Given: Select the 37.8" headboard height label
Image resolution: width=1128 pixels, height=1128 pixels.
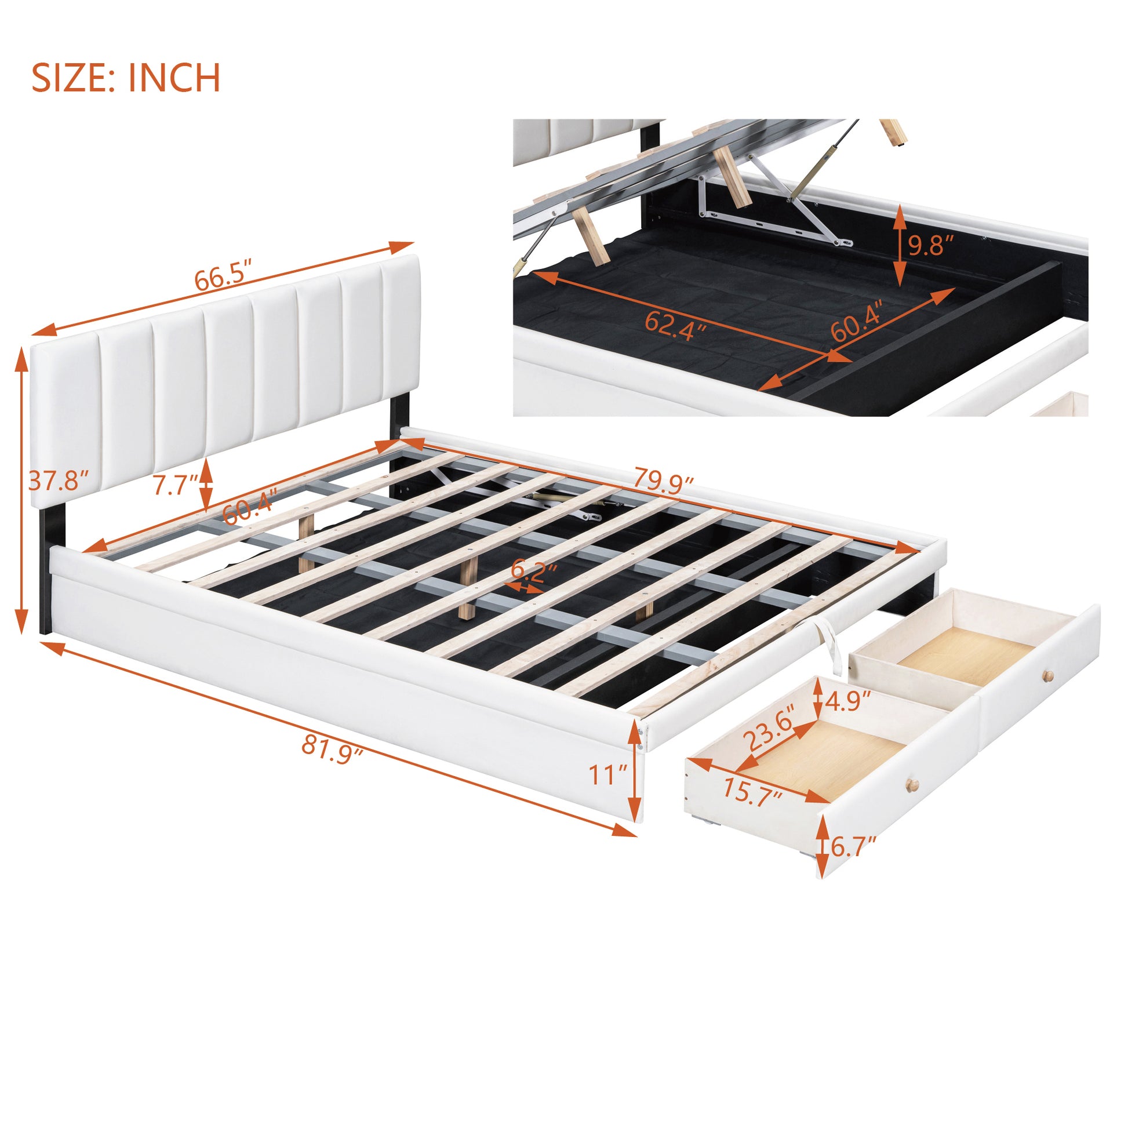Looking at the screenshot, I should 59,481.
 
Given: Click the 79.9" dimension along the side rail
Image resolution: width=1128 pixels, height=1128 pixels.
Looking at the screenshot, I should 663,481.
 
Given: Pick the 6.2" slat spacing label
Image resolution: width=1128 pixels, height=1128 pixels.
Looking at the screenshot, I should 534,570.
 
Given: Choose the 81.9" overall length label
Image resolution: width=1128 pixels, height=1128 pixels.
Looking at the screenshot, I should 332,750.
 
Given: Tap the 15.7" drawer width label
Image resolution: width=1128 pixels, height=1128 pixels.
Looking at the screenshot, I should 752,792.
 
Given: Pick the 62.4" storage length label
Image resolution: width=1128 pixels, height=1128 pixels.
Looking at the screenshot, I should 675,326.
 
